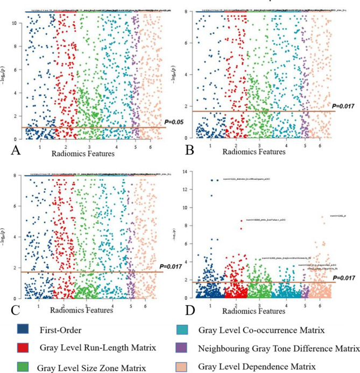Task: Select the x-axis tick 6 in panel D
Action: (322, 305)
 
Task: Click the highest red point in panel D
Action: (242, 220)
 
